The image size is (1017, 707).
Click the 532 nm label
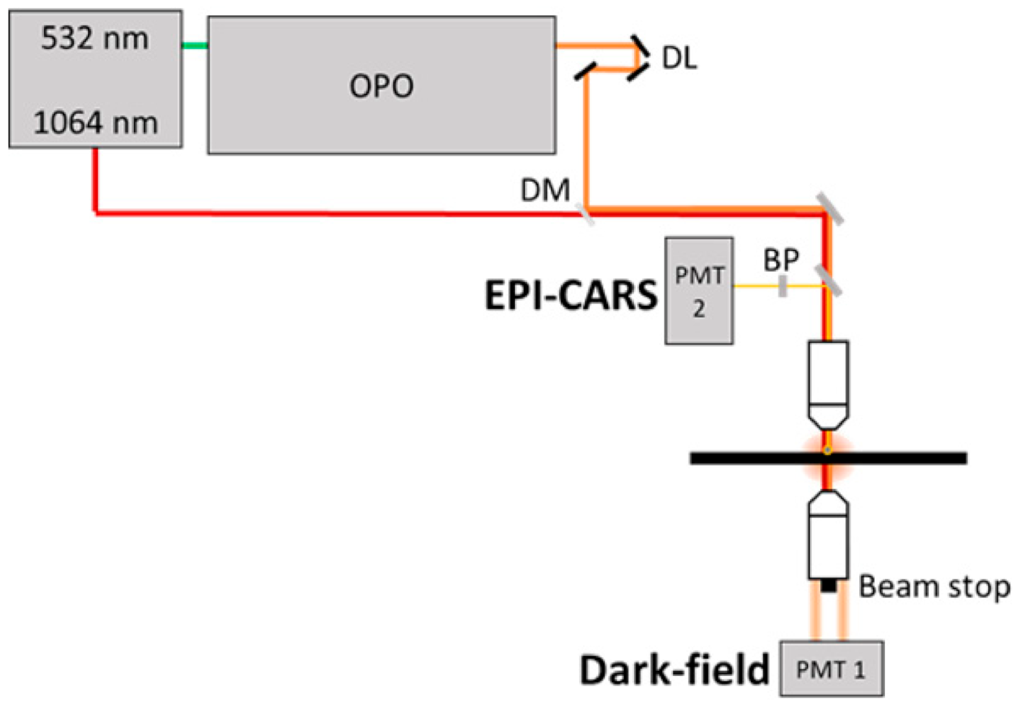click(x=94, y=38)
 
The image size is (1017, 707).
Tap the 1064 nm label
click(x=95, y=123)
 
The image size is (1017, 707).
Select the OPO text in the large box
click(x=382, y=86)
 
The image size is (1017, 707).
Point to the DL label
click(x=679, y=58)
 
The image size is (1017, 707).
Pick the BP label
click(x=781, y=260)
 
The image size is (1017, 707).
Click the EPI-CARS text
click(x=571, y=295)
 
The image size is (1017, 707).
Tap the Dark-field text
click(x=675, y=669)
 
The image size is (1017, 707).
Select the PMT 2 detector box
click(x=699, y=291)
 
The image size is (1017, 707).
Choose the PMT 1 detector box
click(x=832, y=668)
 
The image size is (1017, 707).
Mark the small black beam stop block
click(x=828, y=585)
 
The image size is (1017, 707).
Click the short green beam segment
click(x=195, y=45)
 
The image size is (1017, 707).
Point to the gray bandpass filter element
click(x=783, y=286)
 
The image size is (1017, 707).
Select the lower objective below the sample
click(x=828, y=534)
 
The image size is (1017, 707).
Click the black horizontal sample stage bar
click(x=829, y=458)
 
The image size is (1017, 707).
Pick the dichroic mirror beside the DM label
click(x=585, y=214)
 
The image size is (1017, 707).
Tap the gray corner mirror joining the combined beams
click(x=830, y=209)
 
